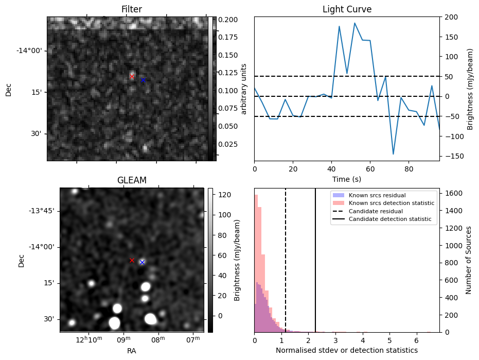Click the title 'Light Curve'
(347, 9)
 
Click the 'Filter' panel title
(131, 9)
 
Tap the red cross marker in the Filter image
(132, 77)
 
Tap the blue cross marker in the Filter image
(143, 80)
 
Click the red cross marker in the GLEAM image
(132, 260)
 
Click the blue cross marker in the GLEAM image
(142, 262)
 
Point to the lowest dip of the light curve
(393, 154)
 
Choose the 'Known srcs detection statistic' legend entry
(392, 203)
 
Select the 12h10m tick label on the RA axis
(89, 341)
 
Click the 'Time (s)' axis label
(347, 178)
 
